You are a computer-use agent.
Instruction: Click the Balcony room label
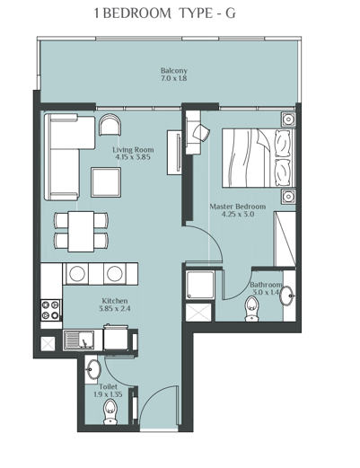(x=173, y=70)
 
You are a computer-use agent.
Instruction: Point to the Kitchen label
(x=114, y=300)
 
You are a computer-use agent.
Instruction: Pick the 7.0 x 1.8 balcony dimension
(x=173, y=79)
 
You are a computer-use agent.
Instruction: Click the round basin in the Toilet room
(x=94, y=368)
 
